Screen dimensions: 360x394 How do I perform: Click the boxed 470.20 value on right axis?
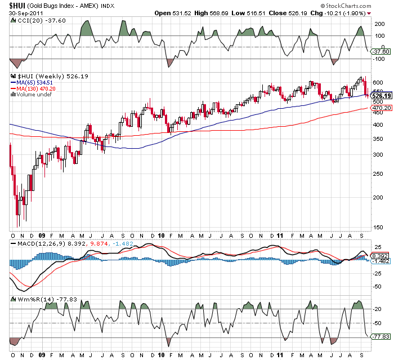coord(381,108)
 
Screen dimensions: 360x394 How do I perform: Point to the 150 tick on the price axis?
coord(378,227)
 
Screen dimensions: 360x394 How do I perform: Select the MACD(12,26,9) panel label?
coord(33,244)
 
